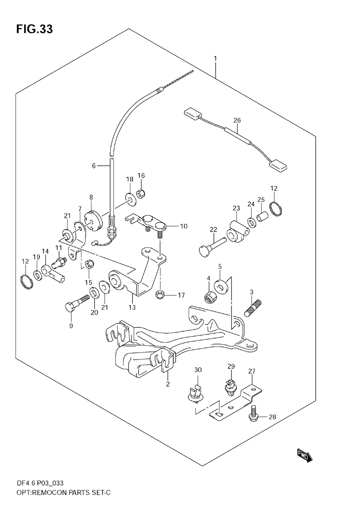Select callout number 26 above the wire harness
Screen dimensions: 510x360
tap(237, 120)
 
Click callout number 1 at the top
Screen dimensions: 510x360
tap(215, 58)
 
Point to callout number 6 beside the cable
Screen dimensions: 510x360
tap(94, 166)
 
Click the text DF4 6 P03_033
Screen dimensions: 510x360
tap(40, 483)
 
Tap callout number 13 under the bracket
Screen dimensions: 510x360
tap(132, 307)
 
